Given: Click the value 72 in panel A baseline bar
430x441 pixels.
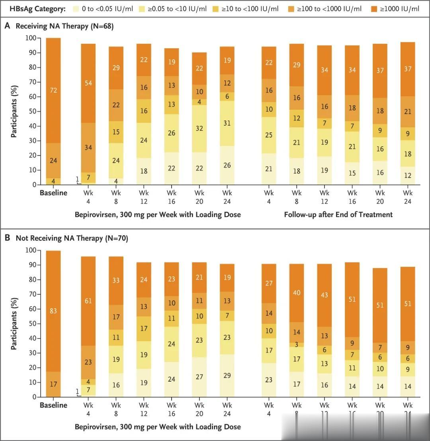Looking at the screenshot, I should pyautogui.click(x=53, y=90).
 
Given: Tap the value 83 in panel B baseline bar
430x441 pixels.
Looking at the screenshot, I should pyautogui.click(x=53, y=311).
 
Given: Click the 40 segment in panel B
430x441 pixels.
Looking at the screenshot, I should pyautogui.click(x=297, y=293).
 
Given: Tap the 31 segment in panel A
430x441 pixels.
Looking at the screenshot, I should pyautogui.click(x=227, y=124).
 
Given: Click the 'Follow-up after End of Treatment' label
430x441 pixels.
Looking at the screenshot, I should pyautogui.click(x=338, y=215).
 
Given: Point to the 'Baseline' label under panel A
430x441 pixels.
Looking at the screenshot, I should pyautogui.click(x=53, y=193).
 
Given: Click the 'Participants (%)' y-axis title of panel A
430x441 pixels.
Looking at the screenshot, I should pyautogui.click(x=14, y=111).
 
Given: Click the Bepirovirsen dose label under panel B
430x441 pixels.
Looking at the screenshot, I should pyautogui.click(x=158, y=427).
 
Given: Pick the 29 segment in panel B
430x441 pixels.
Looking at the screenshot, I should pyautogui.click(x=227, y=376).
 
